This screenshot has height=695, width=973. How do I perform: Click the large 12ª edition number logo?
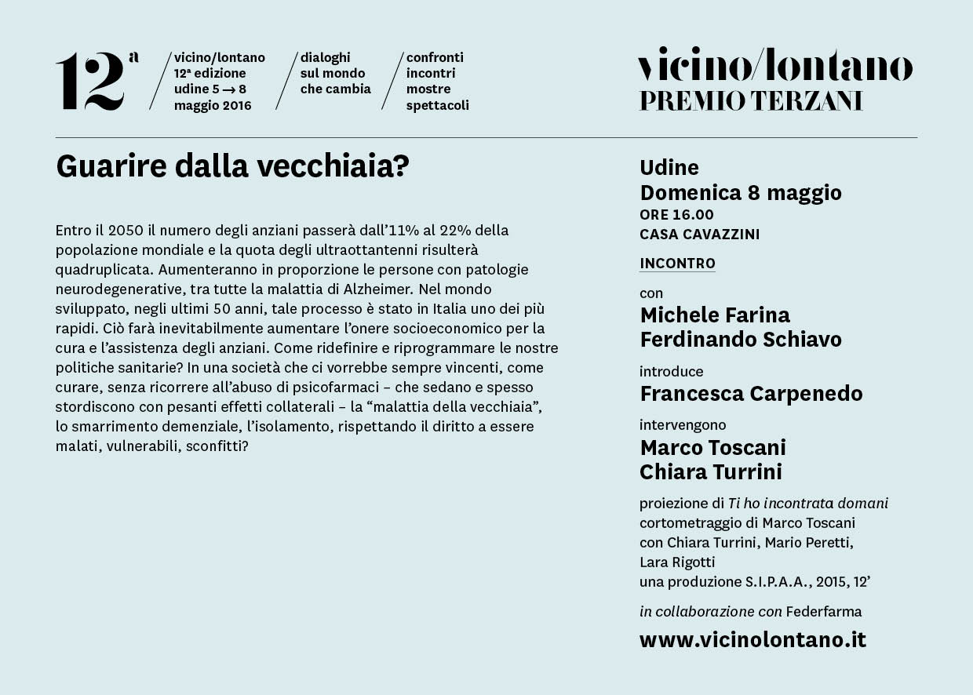click(x=96, y=82)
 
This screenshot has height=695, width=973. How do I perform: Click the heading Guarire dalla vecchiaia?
click(x=232, y=166)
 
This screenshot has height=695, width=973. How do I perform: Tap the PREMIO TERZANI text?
click(x=751, y=101)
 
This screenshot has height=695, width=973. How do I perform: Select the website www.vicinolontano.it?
click(x=753, y=640)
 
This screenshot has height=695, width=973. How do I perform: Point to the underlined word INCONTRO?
click(x=677, y=264)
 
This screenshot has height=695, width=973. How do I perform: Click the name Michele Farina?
click(x=715, y=315)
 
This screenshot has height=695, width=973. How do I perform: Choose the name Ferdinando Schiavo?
click(x=741, y=340)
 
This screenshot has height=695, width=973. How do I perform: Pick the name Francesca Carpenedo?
click(x=751, y=394)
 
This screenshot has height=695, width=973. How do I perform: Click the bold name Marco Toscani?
click(x=712, y=448)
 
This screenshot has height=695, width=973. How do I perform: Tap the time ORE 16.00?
click(x=676, y=215)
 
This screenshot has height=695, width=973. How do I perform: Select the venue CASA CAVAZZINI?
click(x=699, y=235)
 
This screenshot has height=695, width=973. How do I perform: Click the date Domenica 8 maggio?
click(x=741, y=193)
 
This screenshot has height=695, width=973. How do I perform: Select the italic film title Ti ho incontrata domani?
click(x=808, y=504)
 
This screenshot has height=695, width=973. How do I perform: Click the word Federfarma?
click(x=824, y=612)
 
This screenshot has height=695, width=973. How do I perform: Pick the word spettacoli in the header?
click(x=437, y=106)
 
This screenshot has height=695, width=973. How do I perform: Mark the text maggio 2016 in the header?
click(x=213, y=106)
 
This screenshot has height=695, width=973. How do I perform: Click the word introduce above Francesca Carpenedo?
click(x=671, y=372)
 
